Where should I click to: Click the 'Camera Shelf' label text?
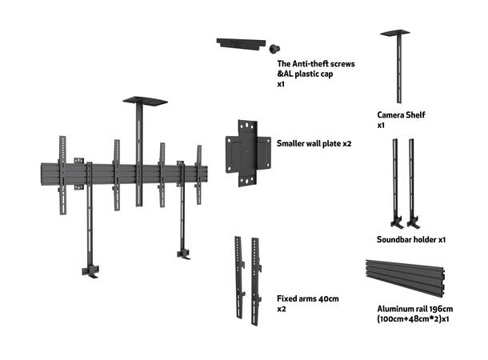point(401,115)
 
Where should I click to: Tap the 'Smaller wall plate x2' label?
point(314,144)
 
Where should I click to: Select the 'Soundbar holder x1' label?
point(411,239)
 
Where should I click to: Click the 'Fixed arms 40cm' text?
point(308,298)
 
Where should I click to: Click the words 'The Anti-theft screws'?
point(315,63)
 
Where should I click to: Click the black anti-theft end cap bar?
point(239,43)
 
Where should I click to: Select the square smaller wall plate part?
point(248,152)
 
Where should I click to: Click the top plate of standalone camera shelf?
point(394,33)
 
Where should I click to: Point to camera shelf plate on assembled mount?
point(145,102)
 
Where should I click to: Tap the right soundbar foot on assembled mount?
point(183,254)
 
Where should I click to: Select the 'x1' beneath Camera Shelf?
point(382,126)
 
